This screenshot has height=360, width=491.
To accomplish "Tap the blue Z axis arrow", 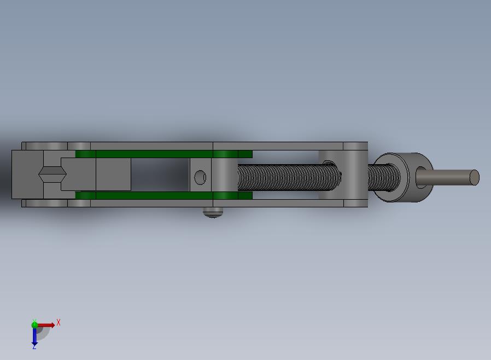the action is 34,336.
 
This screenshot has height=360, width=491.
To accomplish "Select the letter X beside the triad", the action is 59,322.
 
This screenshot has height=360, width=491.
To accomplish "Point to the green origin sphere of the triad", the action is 34,324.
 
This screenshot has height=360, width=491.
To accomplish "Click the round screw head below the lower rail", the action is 213,212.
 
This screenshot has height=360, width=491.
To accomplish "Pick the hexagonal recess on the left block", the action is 52,174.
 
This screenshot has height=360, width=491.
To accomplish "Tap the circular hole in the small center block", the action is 200,177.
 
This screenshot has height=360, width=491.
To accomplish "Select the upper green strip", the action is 164,154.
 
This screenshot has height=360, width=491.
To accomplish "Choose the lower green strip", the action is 164,195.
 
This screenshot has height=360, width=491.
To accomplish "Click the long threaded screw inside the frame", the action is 289,178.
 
